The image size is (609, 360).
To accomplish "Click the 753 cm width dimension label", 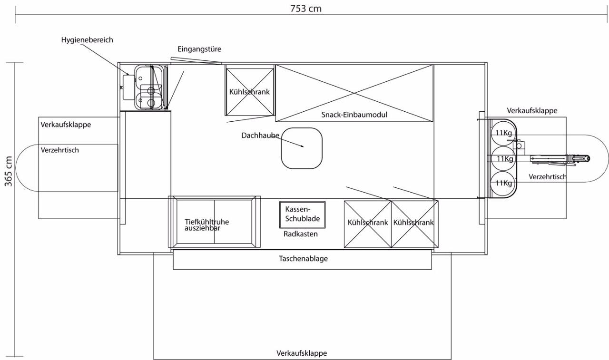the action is pyautogui.click(x=306, y=9).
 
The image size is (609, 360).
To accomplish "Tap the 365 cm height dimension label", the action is pyautogui.click(x=9, y=172).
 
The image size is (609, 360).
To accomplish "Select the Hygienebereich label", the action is pyautogui.click(x=87, y=40).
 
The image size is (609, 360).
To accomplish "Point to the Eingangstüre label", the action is pyautogui.click(x=199, y=49).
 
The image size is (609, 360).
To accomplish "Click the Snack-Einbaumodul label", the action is pyautogui.click(x=354, y=115).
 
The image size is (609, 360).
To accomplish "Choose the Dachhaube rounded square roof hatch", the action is pyautogui.click(x=302, y=148).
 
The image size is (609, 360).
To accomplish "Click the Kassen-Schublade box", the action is pyautogui.click(x=302, y=214).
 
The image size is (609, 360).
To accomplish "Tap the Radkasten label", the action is pyautogui.click(x=300, y=234).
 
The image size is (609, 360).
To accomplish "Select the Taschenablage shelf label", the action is pyautogui.click(x=303, y=258).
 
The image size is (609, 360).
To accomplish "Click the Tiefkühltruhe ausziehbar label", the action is pyautogui.click(x=206, y=225).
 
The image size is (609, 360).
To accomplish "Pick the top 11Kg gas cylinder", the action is pyautogui.click(x=503, y=133).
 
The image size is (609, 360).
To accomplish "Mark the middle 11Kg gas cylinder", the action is pyautogui.click(x=503, y=159).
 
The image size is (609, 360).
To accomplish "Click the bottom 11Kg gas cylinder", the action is pyautogui.click(x=503, y=183).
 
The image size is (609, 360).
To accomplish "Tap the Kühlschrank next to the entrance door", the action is pyautogui.click(x=249, y=92).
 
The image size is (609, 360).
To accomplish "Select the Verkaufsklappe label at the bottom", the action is pyautogui.click(x=302, y=353).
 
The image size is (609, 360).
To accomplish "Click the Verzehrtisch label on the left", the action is pyautogui.click(x=60, y=150).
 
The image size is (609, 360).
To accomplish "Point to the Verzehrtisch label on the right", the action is pyautogui.click(x=548, y=177).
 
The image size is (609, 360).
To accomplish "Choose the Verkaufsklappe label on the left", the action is pyautogui.click(x=66, y=125).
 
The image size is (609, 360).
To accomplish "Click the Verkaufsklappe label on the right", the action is pyautogui.click(x=532, y=111).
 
